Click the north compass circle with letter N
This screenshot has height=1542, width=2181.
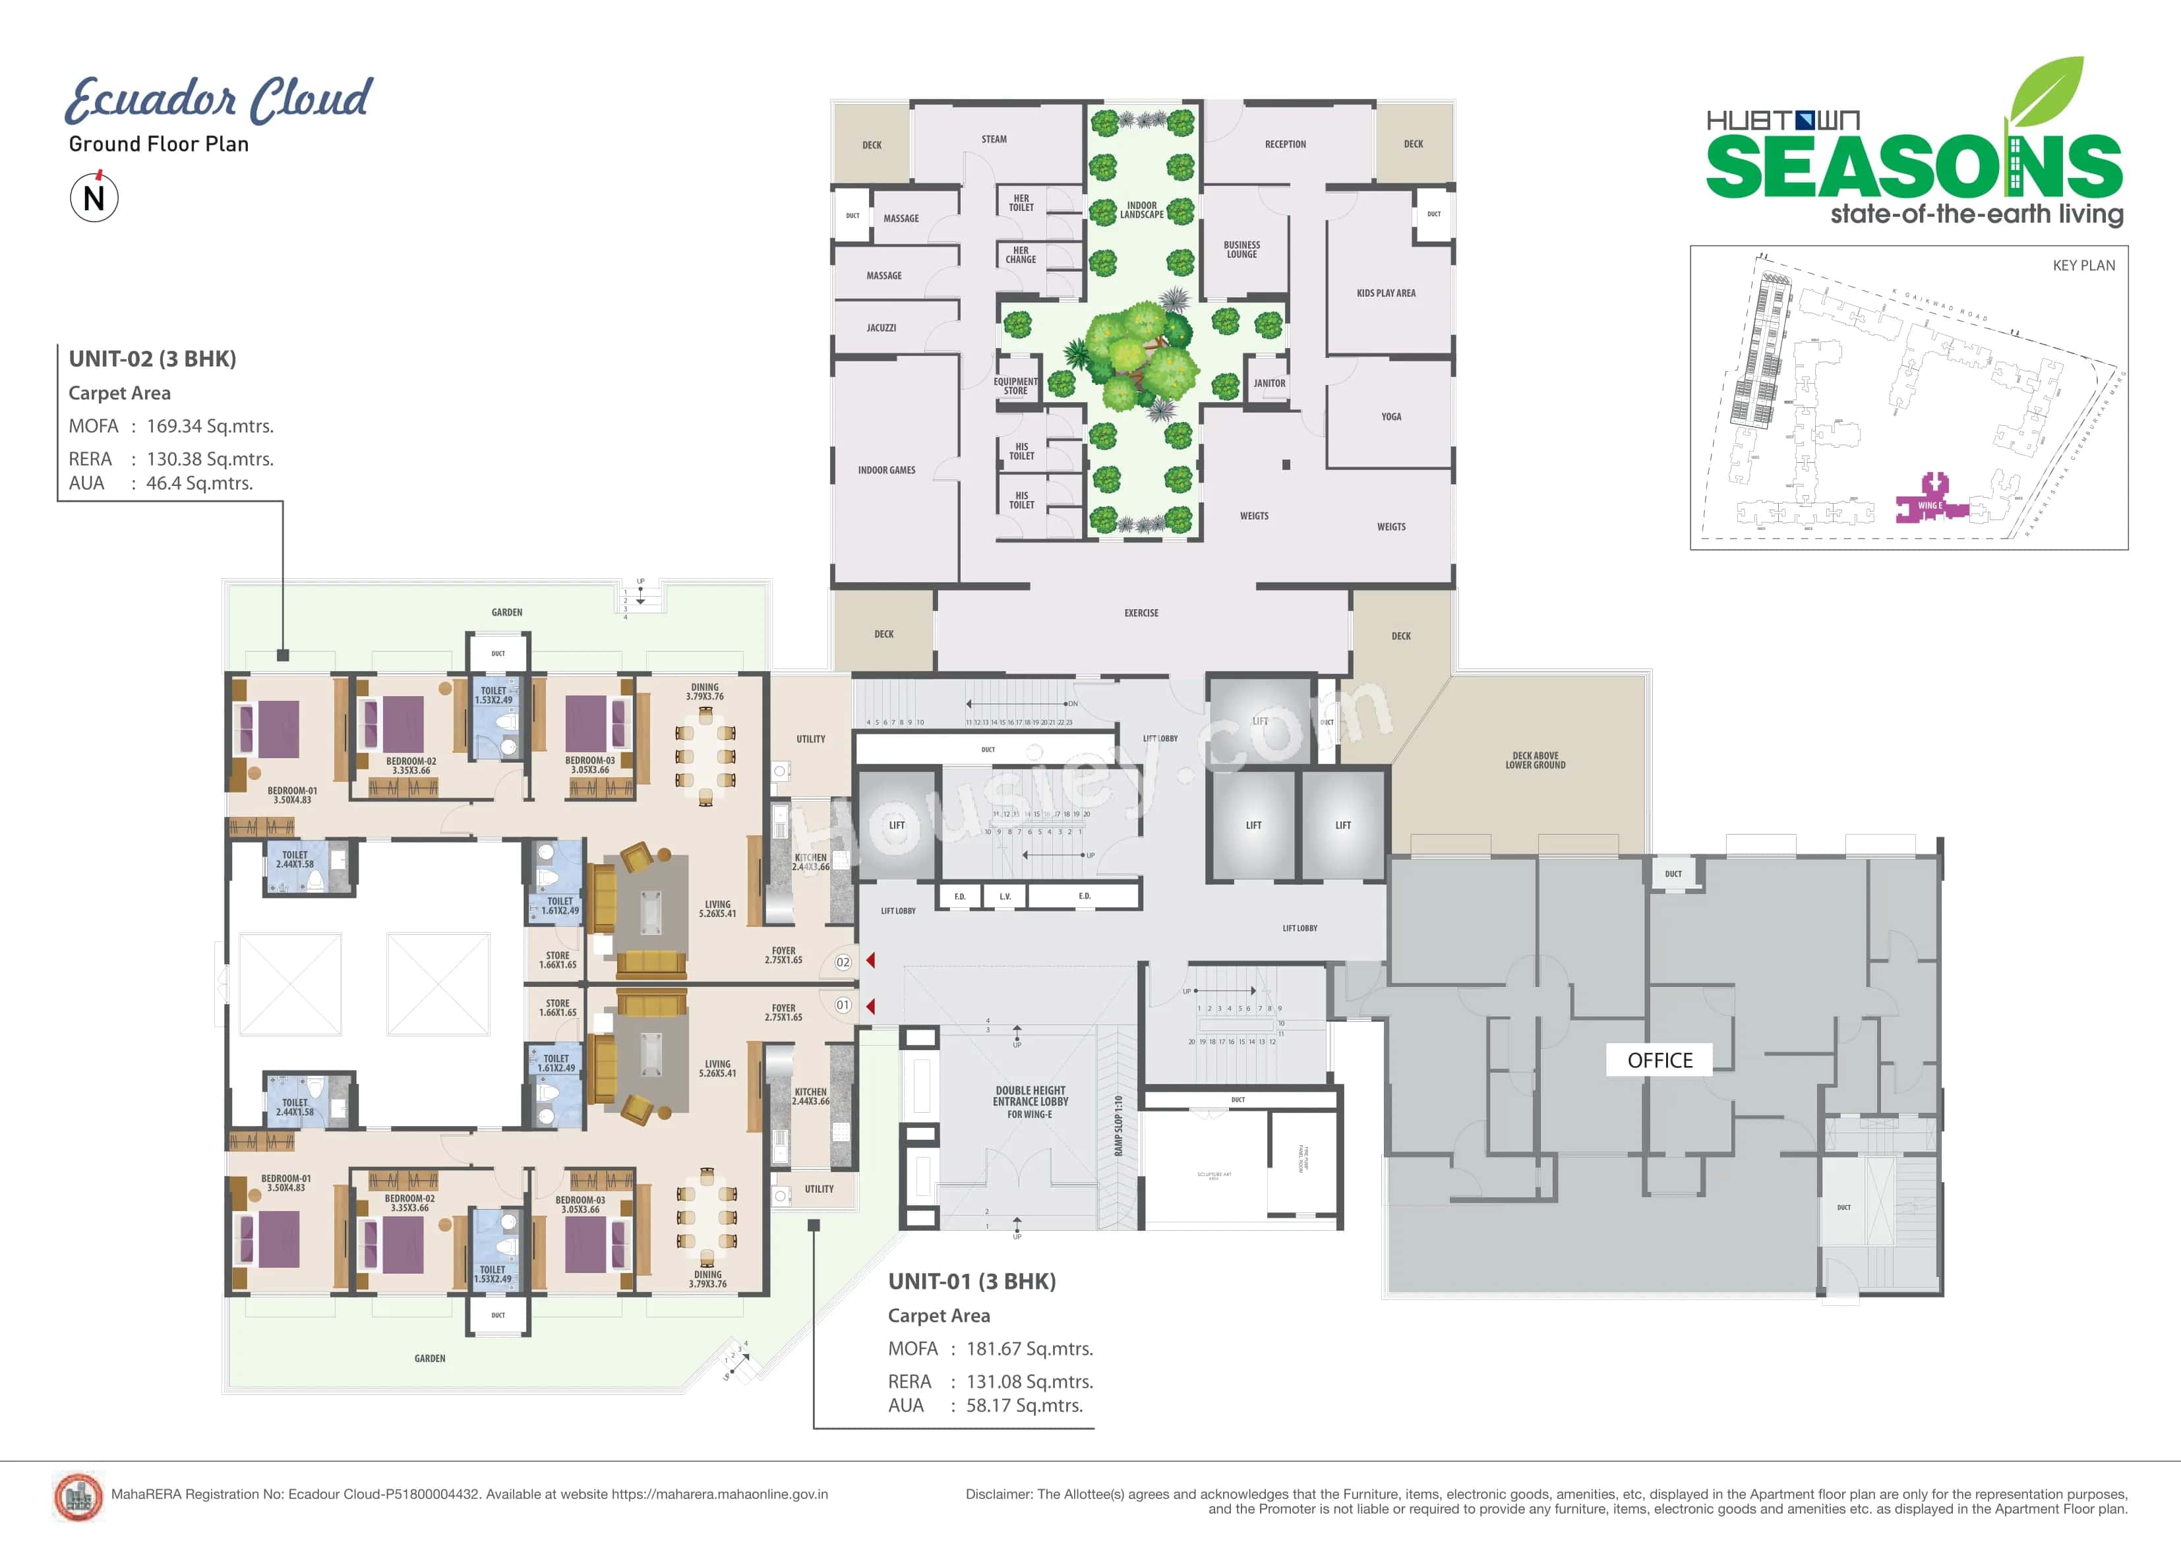click(x=94, y=198)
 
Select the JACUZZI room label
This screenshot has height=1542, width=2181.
click(x=881, y=328)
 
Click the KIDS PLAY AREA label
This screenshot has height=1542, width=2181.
click(x=1385, y=293)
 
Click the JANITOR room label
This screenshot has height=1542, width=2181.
click(x=1269, y=384)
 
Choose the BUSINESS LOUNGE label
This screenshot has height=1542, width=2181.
click(x=1241, y=250)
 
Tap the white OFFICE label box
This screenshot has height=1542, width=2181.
click(x=1659, y=1060)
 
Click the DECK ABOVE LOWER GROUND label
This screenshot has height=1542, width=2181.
click(x=1535, y=760)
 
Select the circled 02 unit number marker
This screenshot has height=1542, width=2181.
click(x=843, y=963)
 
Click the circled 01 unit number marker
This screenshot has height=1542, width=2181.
click(x=843, y=1005)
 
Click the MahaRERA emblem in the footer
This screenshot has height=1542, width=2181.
click(x=78, y=1497)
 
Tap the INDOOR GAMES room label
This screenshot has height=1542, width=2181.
click(x=886, y=470)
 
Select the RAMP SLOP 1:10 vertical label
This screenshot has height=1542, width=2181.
click(x=1118, y=1126)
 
